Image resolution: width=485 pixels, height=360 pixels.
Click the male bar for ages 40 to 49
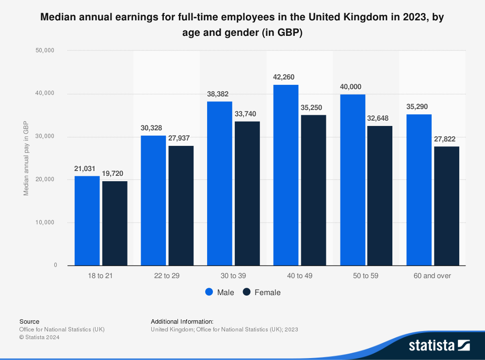286,175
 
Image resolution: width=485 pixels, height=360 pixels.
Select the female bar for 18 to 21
115,223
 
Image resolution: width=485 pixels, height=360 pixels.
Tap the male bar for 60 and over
419,189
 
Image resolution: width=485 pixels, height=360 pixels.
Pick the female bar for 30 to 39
247,193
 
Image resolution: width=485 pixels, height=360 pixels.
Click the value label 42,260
284,77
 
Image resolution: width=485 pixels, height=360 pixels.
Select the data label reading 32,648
378,118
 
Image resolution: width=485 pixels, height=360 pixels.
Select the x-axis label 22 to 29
166,276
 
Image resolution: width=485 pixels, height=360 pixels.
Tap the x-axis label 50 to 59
365,276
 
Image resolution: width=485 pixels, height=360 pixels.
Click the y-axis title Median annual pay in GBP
26,158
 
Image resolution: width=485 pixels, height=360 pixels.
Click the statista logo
439,345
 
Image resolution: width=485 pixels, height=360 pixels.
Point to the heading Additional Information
182,321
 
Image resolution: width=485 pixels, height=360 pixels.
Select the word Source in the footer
29,321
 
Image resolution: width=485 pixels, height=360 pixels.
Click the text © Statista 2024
39,338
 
